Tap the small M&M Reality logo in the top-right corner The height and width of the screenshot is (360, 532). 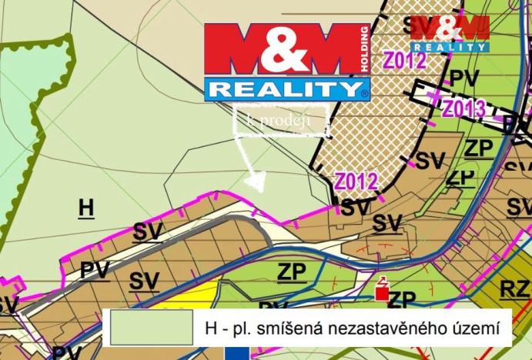pos(450,33)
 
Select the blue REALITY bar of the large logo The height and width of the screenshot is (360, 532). pos(284,88)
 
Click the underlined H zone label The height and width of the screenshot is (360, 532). pos(86,207)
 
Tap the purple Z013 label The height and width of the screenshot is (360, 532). pos(463,108)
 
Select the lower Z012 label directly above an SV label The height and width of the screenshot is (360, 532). pos(356,182)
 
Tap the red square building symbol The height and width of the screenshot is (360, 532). pos(380,293)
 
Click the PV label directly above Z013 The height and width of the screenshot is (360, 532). pos(463,78)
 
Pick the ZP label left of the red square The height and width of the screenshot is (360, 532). pos(292,272)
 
